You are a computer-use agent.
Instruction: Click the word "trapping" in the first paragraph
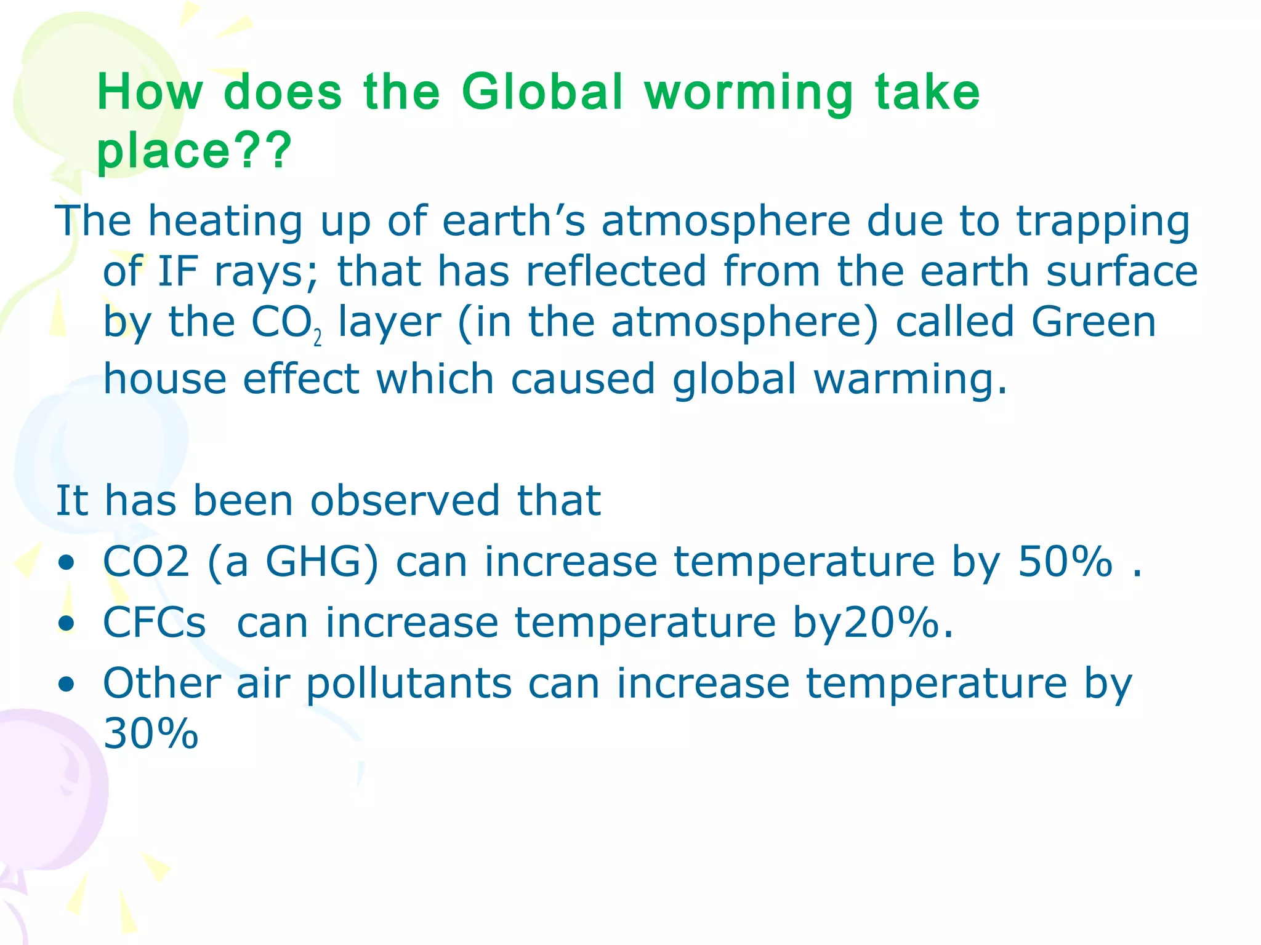click(1103, 221)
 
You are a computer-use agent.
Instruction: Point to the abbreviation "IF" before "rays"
click(178, 271)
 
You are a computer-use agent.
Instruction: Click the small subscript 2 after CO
click(318, 338)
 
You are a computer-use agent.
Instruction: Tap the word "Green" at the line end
click(1094, 322)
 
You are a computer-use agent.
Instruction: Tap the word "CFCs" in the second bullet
click(154, 622)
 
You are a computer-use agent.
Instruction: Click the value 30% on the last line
click(151, 733)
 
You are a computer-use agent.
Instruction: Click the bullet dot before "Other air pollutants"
click(66, 684)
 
